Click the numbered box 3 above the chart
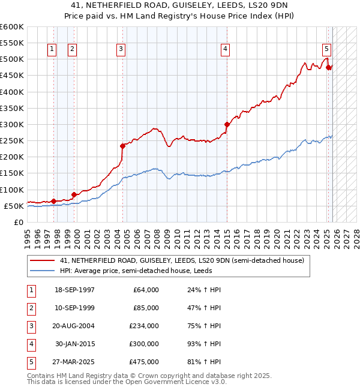[121, 49]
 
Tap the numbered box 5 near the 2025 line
[326, 49]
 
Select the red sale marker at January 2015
[227, 125]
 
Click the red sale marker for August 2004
[122, 146]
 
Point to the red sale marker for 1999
[74, 194]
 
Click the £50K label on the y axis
[14, 206]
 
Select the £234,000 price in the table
[143, 326]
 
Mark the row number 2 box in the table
[31, 308]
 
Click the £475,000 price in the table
[143, 362]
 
